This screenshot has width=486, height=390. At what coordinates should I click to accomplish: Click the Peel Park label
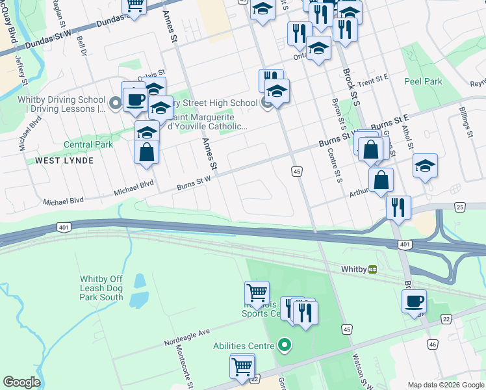click(x=423, y=82)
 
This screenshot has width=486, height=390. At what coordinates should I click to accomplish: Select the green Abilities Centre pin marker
click(x=283, y=344)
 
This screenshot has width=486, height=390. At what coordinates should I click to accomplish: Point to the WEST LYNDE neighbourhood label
click(x=64, y=160)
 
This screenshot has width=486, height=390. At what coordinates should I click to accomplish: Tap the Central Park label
click(x=88, y=144)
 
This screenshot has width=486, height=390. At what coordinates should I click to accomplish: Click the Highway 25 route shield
click(x=460, y=207)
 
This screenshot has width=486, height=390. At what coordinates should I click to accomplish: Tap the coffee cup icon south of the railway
click(x=414, y=302)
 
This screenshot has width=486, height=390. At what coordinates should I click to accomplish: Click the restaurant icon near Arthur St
click(x=398, y=207)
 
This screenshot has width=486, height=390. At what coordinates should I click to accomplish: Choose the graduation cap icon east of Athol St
click(x=425, y=166)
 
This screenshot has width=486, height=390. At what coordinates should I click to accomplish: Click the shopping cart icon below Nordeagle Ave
click(x=242, y=366)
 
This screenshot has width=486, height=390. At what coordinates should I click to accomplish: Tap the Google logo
click(x=21, y=382)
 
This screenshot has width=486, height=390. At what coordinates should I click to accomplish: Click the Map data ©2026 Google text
click(x=445, y=385)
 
